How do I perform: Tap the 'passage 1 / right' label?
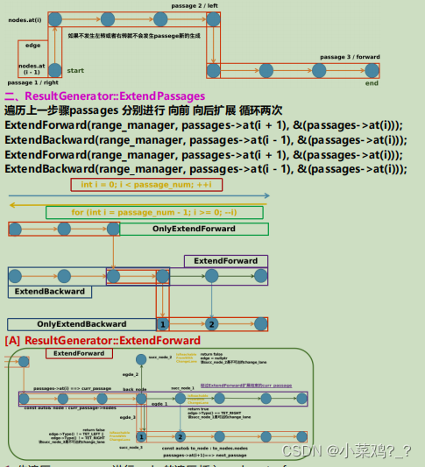tap(31, 81)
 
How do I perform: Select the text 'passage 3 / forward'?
tap(351, 57)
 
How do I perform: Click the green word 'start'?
tap(75, 69)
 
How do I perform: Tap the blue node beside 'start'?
tap(54, 69)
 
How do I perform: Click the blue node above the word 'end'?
tap(372, 69)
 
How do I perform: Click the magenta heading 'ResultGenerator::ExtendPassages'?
tap(115, 96)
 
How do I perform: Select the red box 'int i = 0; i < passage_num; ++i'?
tap(146, 185)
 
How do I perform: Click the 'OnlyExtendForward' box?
tap(194, 229)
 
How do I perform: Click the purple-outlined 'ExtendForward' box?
tap(225, 261)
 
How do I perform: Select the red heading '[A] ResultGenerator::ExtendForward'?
tap(103, 340)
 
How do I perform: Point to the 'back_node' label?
tap(134, 388)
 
